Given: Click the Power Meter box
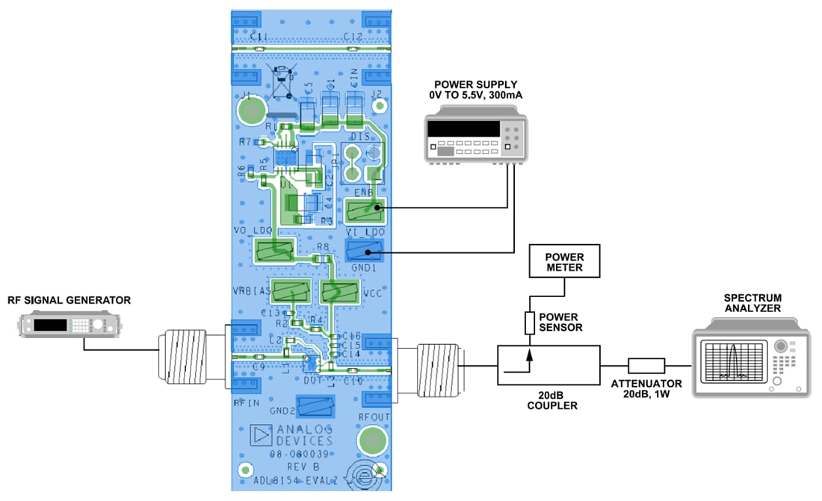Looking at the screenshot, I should click(564, 260).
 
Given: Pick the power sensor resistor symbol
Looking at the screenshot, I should click(530, 323).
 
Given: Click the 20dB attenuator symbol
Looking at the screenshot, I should click(646, 365).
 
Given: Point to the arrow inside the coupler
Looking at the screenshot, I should click(530, 359).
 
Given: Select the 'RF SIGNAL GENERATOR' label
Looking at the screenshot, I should click(69, 301).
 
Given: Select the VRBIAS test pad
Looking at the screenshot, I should click(291, 290).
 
